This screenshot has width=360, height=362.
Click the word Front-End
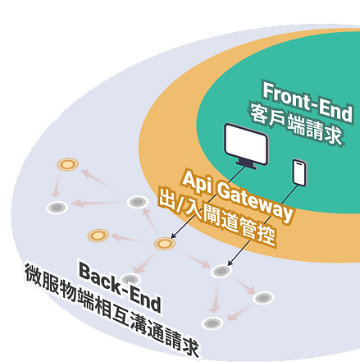pyautogui.click(x=308, y=102)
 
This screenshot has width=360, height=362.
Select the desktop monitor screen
pyautogui.click(x=246, y=144)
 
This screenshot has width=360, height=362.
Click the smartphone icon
pyautogui.click(x=299, y=172)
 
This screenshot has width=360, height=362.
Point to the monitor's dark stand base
pyautogui.click(x=247, y=165)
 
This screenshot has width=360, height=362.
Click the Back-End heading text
pyautogui.click(x=120, y=286)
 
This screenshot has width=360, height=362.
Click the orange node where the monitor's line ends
pyautogui.click(x=164, y=244)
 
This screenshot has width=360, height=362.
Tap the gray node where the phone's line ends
pyautogui.click(x=221, y=271)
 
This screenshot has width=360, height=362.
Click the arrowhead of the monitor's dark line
pyautogui.click(x=173, y=236)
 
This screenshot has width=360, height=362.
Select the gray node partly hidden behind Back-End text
pyautogui.click(x=130, y=279)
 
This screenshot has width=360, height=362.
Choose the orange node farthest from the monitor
pyautogui.click(x=67, y=164)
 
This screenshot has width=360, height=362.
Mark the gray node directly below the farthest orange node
pyautogui.click(x=57, y=208)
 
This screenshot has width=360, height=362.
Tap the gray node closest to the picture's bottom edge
pyautogui.click(x=212, y=323)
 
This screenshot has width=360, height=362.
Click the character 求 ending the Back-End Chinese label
pyautogui.click(x=190, y=347)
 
